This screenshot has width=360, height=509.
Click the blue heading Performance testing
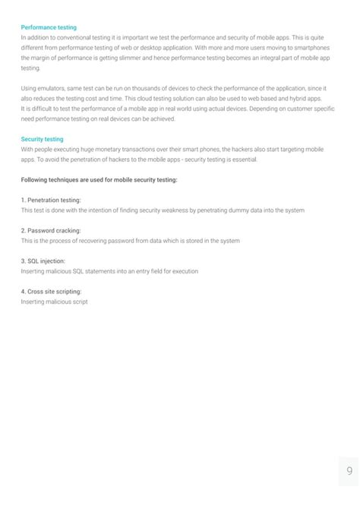click(x=49, y=27)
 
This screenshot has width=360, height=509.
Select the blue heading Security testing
click(x=43, y=140)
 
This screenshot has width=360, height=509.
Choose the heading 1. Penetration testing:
click(x=51, y=200)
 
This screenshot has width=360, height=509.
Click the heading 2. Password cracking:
click(x=51, y=230)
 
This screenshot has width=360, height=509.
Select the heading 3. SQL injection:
click(x=43, y=261)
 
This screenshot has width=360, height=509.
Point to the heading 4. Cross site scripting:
click(x=52, y=291)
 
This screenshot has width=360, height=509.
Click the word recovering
click(x=113, y=240)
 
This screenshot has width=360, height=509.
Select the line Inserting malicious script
click(x=54, y=302)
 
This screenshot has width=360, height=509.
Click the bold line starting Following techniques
click(x=99, y=179)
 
